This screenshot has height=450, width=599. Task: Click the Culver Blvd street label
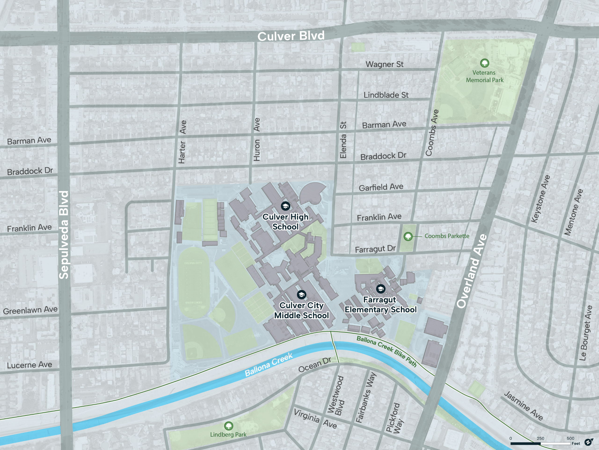291,36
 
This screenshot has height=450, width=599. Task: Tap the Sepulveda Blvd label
64,235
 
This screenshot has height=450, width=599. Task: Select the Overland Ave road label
472,271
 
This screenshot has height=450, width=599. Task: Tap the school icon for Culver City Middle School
301,295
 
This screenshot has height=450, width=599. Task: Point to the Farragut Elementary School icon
381,289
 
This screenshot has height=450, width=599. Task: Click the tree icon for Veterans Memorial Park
484,63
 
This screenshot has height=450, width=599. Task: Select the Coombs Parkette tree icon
408,236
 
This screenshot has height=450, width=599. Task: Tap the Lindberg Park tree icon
229,426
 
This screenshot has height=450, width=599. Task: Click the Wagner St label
384,64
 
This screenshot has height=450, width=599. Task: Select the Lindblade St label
386,95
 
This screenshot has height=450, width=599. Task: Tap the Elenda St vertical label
343,140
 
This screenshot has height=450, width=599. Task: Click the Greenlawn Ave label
30,310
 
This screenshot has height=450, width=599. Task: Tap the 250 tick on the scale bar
540,438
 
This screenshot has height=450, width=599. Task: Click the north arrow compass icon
588,442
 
